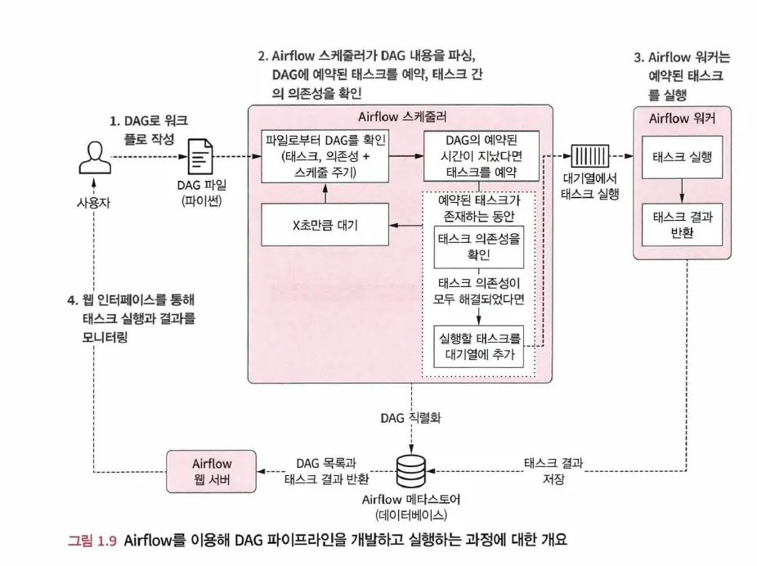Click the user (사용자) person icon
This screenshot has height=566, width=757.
point(95,157)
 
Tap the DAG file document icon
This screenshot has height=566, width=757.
point(200,156)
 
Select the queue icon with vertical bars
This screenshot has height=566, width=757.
point(590,156)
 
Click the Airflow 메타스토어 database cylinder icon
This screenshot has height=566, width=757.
point(411,471)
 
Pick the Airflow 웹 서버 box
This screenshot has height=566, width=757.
point(212,471)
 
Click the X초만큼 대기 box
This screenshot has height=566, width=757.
point(325,225)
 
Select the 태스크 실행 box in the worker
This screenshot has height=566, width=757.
point(682,157)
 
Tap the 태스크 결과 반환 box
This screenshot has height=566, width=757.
point(682,225)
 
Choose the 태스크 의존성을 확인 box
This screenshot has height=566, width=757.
point(479,246)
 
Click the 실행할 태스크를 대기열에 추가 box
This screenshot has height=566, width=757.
point(479,346)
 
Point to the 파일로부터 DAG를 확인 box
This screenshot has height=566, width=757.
point(325,156)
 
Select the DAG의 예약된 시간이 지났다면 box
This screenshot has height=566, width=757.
point(482,155)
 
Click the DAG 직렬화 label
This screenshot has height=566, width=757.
point(410,418)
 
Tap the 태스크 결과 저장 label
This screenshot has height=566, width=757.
point(553,471)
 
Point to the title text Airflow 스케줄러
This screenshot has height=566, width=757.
point(402,117)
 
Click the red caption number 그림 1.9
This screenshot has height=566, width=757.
point(92,540)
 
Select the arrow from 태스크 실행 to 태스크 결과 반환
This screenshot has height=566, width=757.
point(682,191)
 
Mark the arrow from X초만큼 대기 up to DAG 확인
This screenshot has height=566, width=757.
point(325,193)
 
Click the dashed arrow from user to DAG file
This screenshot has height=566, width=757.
point(149,156)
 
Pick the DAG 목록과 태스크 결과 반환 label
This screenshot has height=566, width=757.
point(326,471)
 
